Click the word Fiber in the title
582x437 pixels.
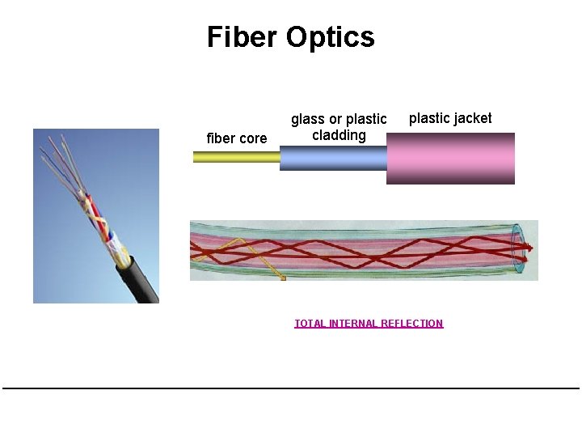tap(239, 37)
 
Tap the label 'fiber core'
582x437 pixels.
tap(237, 138)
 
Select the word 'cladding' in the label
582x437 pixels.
tap(339, 135)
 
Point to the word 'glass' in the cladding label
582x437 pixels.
tap(307, 120)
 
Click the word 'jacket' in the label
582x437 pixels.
tap(473, 118)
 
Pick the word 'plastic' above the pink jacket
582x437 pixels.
tap(429, 118)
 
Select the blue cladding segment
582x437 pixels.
tap(332, 158)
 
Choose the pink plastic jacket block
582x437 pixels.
tap(450, 159)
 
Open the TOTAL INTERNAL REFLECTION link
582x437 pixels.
tap(369, 324)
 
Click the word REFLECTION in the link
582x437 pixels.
tap(412, 324)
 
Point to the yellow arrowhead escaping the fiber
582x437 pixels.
tap(282, 278)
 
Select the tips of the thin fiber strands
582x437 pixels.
tap(57, 145)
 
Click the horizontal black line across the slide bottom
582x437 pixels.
tap(291, 388)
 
